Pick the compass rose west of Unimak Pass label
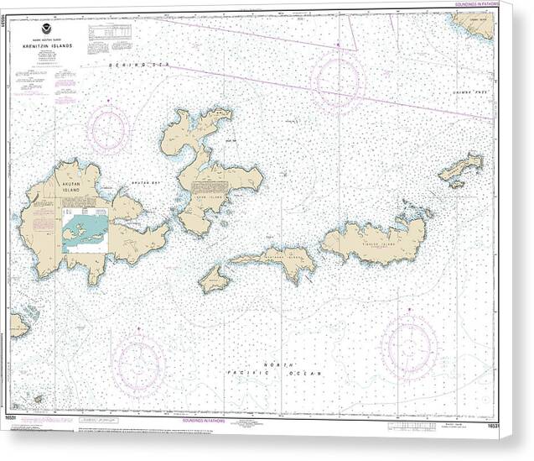337,81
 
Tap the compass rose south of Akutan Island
138,363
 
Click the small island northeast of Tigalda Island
460,169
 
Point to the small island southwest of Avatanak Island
214,279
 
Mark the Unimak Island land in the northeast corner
475,24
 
